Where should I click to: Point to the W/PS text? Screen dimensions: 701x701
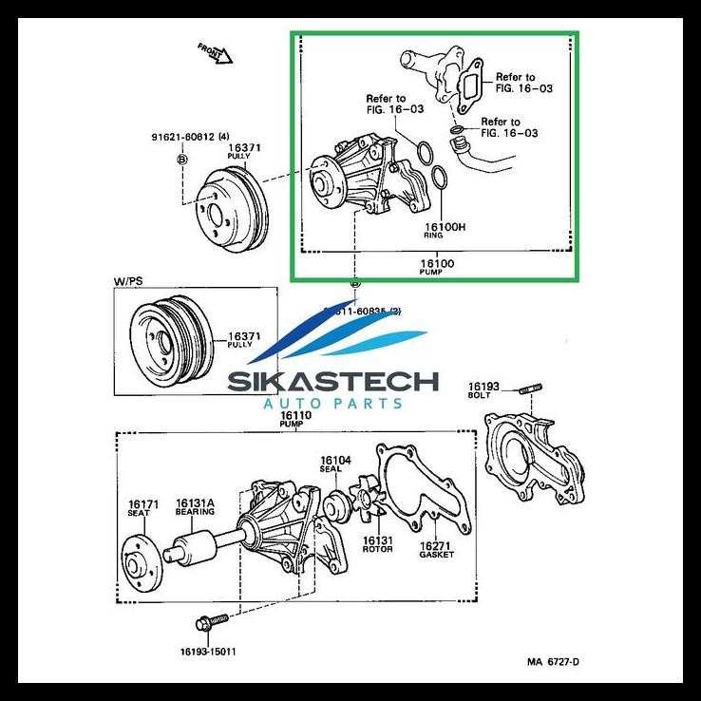[129, 281]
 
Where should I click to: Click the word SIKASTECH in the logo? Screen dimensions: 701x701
[332, 382]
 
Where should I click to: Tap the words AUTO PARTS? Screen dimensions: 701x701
[332, 404]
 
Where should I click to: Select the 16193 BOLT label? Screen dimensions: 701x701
[481, 389]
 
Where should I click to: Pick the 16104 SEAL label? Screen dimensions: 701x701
[335, 465]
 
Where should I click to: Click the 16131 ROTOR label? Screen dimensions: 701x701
[377, 545]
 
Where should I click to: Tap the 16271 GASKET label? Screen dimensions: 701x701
[437, 550]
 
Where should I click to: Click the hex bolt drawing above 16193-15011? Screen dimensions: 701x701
[207, 623]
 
